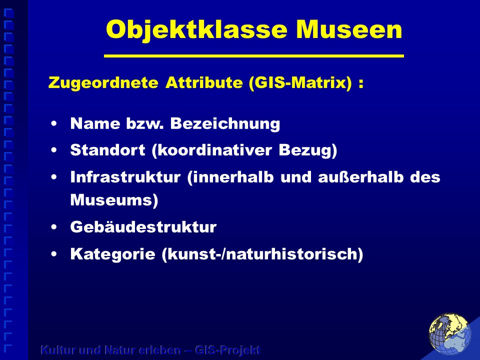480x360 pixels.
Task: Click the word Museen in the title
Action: point(349,29)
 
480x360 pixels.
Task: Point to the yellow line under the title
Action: point(254,56)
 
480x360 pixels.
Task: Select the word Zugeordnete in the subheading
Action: point(103,82)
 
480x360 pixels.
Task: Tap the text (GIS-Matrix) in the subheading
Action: point(300,82)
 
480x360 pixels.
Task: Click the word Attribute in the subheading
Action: point(204,82)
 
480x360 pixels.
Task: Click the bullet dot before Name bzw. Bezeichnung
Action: point(54,123)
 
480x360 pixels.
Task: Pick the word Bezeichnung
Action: point(225,123)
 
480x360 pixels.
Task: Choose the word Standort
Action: point(107,150)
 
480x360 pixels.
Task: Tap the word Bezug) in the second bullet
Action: point(308,150)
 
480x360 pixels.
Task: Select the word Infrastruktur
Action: point(125,177)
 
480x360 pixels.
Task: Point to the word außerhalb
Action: point(360,177)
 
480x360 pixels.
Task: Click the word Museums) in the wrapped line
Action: point(114,200)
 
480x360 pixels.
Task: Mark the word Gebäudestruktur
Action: point(143,227)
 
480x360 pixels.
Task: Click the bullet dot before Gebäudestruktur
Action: point(54,227)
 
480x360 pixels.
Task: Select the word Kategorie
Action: point(112,254)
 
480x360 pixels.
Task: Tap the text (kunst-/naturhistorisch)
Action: point(262,254)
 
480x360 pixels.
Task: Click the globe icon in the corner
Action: point(450,334)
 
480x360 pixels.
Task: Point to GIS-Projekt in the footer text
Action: point(227,350)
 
